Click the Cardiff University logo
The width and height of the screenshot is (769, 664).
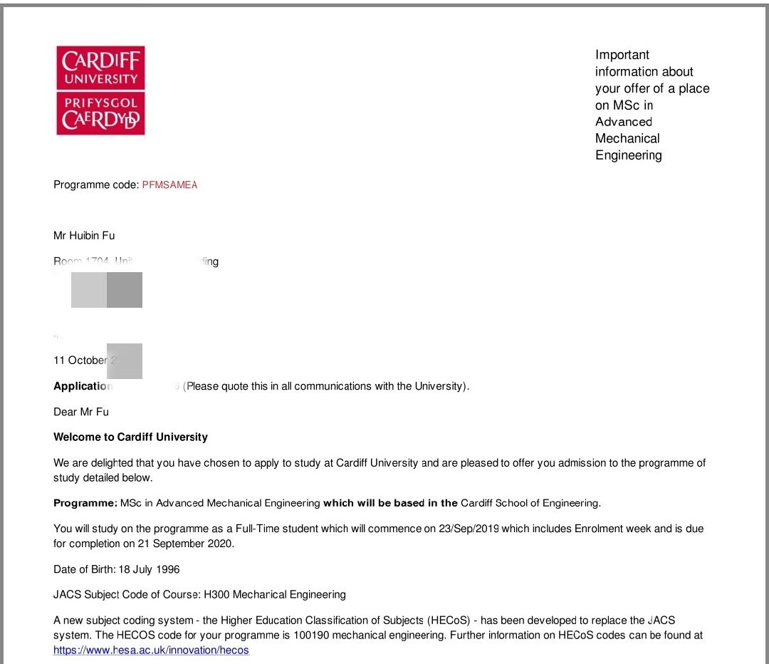click(x=100, y=90)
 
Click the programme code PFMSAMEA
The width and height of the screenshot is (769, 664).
click(x=169, y=185)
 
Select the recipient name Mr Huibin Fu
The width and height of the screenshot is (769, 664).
click(x=84, y=236)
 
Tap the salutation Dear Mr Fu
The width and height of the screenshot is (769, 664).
click(x=81, y=412)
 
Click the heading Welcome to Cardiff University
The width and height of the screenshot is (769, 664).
click(x=130, y=437)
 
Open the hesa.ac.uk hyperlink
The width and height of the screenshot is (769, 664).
click(x=151, y=650)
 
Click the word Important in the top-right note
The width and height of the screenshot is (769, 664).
click(x=622, y=55)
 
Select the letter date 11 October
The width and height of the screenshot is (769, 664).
click(x=80, y=360)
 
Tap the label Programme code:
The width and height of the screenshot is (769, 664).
click(x=96, y=185)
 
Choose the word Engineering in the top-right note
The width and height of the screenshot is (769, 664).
click(x=629, y=155)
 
